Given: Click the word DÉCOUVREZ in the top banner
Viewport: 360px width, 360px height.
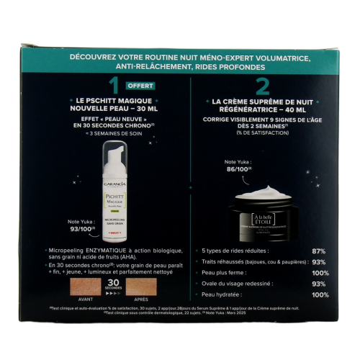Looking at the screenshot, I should click(x=96, y=56).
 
